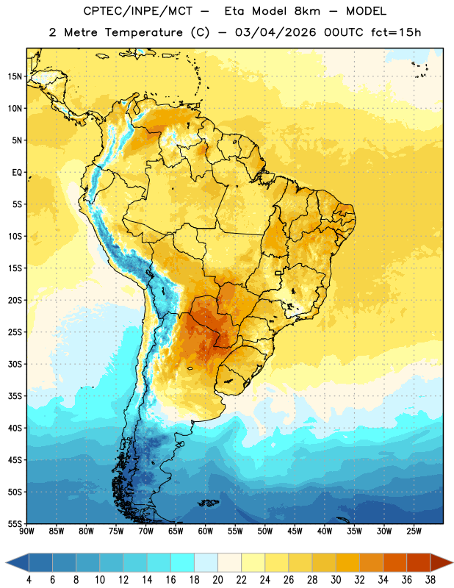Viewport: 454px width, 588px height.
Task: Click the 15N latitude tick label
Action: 15,76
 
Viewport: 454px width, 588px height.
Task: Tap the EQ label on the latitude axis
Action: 17,173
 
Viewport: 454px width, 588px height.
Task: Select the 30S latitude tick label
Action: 15,364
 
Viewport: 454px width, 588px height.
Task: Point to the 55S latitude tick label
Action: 15,523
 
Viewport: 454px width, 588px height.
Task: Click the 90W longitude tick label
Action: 27,531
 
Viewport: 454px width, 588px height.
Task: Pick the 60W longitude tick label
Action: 206,531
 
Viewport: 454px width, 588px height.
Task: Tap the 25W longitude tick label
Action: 414,531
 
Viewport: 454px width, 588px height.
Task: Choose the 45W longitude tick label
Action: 295,531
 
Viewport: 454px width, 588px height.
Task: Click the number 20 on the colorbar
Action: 217,580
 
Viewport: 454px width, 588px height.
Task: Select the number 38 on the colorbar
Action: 430,580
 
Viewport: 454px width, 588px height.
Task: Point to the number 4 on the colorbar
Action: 29,580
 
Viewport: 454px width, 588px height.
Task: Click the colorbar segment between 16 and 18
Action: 182,562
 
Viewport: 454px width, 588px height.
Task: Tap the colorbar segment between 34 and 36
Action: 394,562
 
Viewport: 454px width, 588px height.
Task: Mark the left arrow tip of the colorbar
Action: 6,562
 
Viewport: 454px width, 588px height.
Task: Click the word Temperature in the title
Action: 143,32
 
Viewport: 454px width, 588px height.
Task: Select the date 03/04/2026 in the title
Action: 275,32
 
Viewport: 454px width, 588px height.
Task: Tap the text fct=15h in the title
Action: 396,32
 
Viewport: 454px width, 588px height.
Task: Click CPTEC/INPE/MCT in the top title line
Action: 137,11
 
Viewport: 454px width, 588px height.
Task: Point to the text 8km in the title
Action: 307,11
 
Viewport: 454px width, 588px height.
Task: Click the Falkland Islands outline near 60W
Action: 209,503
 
